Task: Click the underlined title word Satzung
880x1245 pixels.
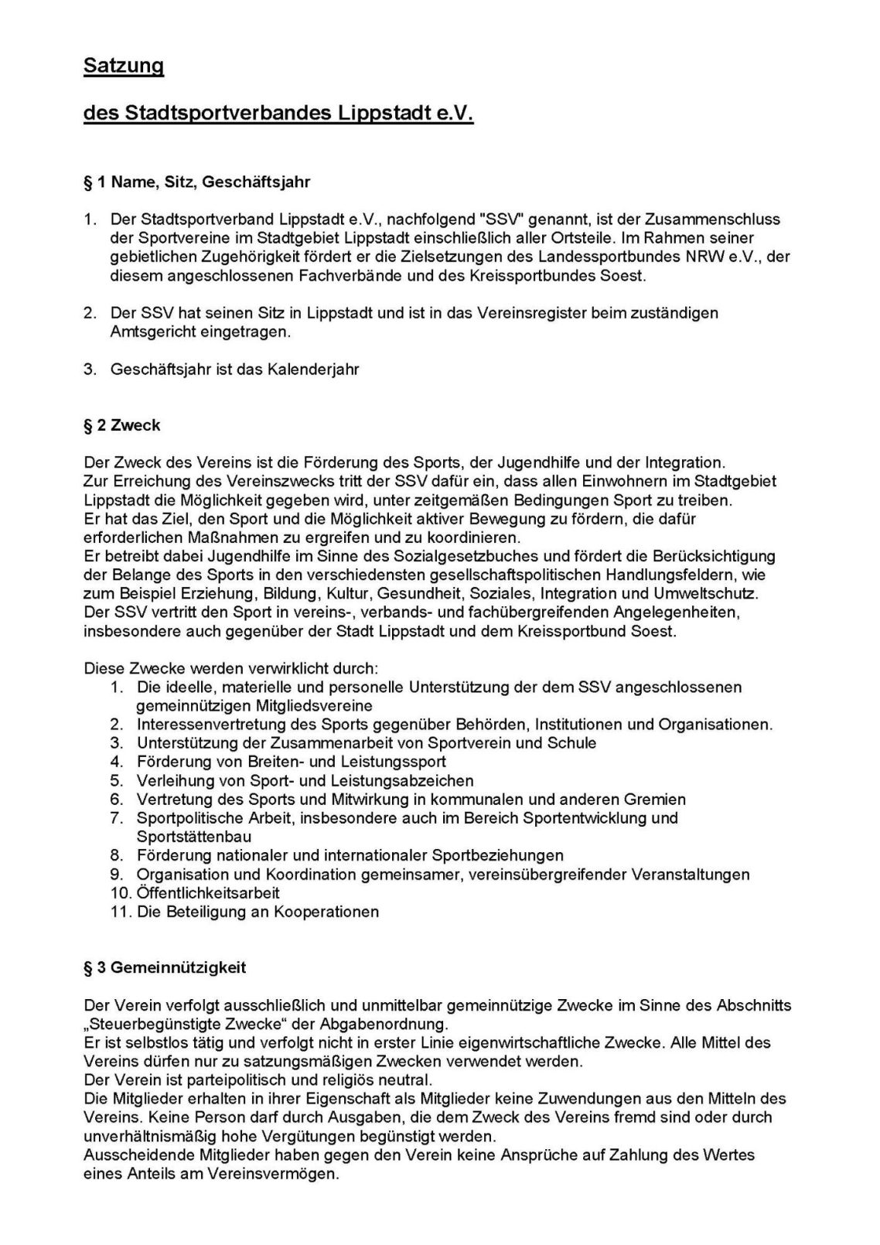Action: (124, 67)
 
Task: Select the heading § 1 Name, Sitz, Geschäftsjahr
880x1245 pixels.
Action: (197, 182)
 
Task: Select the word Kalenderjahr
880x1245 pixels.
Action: (312, 370)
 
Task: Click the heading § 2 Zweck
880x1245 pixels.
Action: (122, 425)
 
